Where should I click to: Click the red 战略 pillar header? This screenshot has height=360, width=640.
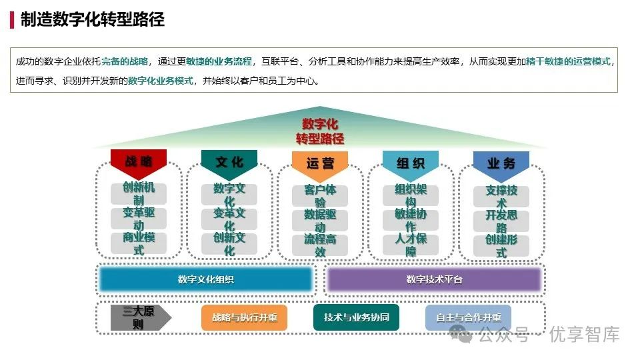(139, 162)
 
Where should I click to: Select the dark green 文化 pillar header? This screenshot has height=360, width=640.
(229, 163)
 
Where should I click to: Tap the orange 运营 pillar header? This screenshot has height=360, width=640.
(320, 164)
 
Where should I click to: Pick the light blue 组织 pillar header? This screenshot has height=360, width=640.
(411, 164)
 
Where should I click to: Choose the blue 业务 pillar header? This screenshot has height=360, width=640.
(501, 165)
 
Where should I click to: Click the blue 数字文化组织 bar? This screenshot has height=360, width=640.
(206, 279)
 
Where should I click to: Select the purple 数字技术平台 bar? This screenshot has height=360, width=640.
(434, 279)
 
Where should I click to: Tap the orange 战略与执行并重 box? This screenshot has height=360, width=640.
(245, 317)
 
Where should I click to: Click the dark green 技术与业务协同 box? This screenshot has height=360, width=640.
(356, 317)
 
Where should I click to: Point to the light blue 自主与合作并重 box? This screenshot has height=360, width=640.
(468, 317)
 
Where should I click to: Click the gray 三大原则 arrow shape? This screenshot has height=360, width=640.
(141, 317)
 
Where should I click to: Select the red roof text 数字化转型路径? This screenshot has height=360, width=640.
(320, 131)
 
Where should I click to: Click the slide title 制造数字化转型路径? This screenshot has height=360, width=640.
(93, 19)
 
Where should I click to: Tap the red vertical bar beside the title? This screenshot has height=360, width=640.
(12, 20)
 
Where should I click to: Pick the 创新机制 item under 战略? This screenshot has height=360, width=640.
(139, 193)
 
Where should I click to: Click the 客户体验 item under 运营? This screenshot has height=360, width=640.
(320, 196)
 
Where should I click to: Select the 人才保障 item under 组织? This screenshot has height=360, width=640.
(411, 245)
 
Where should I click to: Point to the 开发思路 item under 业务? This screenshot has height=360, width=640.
(501, 221)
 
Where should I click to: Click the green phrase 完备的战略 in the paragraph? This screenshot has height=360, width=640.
(125, 61)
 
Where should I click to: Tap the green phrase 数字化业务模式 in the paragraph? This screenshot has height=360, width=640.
(161, 81)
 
